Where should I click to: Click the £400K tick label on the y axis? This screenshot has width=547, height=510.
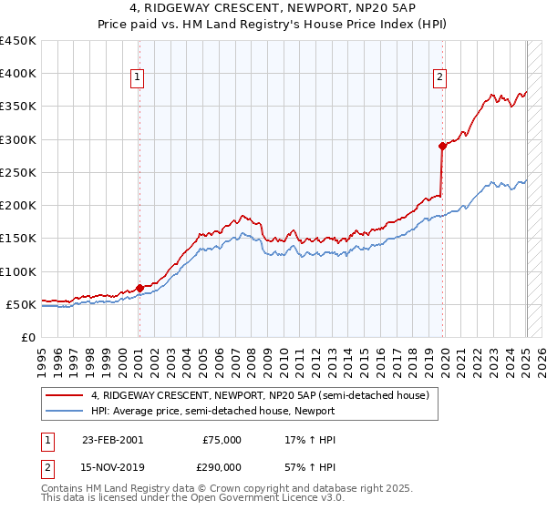pos(18,74)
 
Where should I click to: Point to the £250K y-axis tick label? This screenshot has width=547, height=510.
pos(18,172)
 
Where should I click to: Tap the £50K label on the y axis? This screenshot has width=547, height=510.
pos(22,304)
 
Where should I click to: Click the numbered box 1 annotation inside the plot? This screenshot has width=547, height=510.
pos(137,78)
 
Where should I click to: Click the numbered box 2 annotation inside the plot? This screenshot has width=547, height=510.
pos(439,78)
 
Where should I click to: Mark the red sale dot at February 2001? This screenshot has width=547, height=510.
pos(139,288)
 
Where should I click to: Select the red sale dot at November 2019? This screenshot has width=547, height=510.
pos(442,146)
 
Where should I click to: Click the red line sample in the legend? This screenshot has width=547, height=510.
pos(64,395)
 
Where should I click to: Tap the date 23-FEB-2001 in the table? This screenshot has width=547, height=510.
pos(112,440)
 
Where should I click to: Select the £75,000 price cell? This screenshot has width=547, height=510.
pos(222,440)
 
